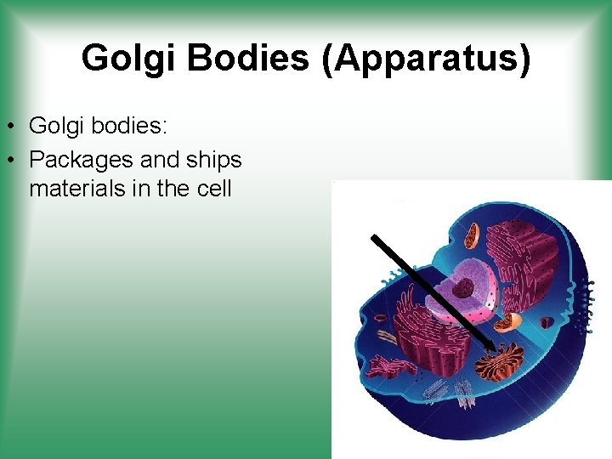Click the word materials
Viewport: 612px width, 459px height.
pyautogui.click(x=76, y=188)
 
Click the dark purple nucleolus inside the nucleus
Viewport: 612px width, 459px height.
pyautogui.click(x=463, y=289)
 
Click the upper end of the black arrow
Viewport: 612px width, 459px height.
pyautogui.click(x=375, y=238)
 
